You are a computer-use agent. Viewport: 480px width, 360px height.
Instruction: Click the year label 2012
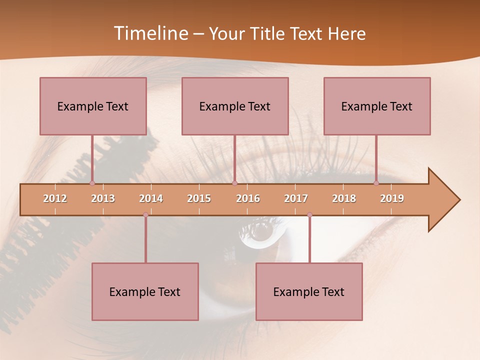(x=55, y=198)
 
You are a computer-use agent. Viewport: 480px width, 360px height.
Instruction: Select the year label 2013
(x=103, y=198)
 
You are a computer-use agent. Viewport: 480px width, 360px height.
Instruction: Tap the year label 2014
(x=151, y=198)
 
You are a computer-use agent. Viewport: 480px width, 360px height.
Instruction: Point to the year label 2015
(x=199, y=198)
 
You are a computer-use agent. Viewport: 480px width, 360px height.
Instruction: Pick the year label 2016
(x=248, y=198)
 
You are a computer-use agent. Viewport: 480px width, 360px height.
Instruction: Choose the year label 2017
(x=296, y=198)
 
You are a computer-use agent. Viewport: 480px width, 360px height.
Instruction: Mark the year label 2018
(x=344, y=198)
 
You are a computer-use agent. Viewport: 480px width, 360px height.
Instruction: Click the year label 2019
(x=392, y=198)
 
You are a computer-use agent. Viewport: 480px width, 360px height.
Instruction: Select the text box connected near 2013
(x=93, y=106)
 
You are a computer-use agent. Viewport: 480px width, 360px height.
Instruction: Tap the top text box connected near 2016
(x=235, y=106)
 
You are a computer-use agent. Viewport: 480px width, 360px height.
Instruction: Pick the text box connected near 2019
(x=377, y=106)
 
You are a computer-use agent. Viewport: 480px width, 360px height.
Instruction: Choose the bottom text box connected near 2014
(x=145, y=291)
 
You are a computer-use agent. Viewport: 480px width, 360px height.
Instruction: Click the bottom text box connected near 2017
(x=309, y=291)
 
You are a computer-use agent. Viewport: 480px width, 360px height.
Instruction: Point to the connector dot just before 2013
(x=92, y=183)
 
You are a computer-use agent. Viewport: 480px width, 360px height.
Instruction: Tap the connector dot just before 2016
(x=234, y=183)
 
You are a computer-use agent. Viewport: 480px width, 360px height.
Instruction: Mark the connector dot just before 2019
(x=376, y=183)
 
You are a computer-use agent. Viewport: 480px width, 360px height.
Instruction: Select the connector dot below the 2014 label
(x=145, y=215)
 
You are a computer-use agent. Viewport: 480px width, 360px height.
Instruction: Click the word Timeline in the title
(x=150, y=33)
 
